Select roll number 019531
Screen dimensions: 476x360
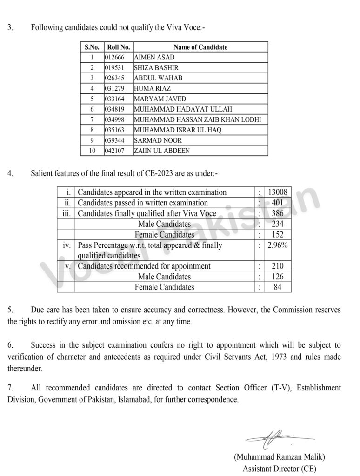pos(114,68)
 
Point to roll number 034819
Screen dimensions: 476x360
pos(114,109)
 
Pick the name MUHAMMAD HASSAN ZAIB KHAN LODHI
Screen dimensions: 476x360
pos(197,119)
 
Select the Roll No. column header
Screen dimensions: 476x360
pos(118,47)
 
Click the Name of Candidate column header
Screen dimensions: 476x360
pos(200,47)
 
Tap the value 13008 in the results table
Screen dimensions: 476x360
pos(278,192)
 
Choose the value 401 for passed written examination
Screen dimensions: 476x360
pos(278,203)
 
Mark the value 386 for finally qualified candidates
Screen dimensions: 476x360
pos(278,214)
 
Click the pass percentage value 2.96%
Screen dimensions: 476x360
pos(278,245)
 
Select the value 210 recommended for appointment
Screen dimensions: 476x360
pos(278,266)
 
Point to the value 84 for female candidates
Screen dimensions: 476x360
pos(278,287)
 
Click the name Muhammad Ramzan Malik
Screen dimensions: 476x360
pos(280,456)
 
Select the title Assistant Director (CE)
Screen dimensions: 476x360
pos(280,468)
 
